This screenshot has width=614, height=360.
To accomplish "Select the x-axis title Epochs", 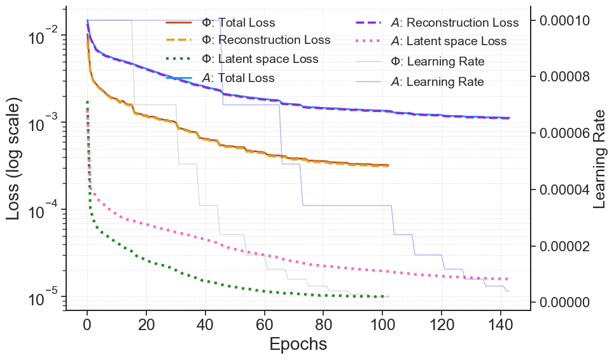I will pos(298,344).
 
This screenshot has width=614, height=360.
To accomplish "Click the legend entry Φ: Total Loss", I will pos(238,23).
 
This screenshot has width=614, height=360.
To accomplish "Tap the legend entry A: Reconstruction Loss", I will pos(454,23).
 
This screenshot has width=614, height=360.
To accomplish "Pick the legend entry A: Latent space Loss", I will pos(448,41).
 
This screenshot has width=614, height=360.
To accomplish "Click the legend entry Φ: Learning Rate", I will pos(437,62).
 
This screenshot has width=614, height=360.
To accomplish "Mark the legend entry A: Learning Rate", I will pos(436,82).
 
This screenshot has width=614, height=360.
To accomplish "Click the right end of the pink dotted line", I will pos(508,279).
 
